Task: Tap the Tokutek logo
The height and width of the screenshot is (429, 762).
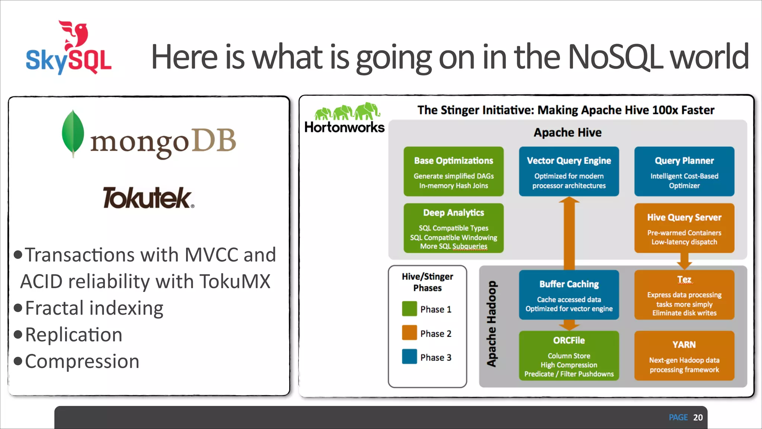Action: [148, 198]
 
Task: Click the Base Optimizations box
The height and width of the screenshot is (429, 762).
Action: [454, 172]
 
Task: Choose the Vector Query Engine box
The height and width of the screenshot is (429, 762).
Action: [569, 172]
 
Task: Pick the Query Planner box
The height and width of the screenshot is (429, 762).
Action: [684, 172]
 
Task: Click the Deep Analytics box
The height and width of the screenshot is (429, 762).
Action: [454, 228]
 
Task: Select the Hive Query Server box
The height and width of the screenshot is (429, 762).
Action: [684, 228]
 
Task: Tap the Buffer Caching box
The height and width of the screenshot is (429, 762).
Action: [569, 295]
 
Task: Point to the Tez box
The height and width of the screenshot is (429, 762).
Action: [684, 295]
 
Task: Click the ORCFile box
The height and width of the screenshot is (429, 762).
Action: [569, 356]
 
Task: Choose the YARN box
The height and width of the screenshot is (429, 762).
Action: [684, 356]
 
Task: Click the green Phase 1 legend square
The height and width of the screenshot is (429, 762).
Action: [409, 309]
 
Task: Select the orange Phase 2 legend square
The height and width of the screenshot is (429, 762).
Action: [409, 333]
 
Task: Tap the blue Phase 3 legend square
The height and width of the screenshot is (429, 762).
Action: [409, 357]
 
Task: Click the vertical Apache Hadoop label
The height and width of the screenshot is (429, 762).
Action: [492, 324]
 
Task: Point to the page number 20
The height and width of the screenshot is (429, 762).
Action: [698, 417]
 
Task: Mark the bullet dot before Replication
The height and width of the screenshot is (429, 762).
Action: [18, 334]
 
